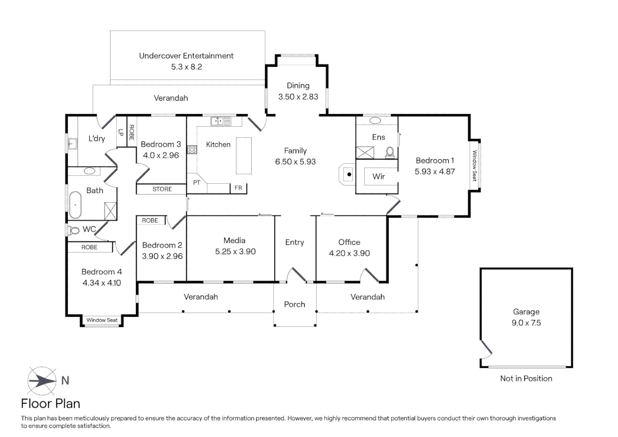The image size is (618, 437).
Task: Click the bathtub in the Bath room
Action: (75, 205)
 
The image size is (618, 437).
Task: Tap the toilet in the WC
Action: (74, 230)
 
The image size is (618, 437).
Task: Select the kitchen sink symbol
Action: (221, 121)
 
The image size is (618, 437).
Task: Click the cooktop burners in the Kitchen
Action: (192, 150)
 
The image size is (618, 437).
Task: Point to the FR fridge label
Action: (238, 188)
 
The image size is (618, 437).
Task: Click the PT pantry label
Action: (197, 183)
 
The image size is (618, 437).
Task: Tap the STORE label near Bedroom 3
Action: (162, 189)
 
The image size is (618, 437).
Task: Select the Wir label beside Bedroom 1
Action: (378, 176)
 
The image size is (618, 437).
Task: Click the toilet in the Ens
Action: (390, 152)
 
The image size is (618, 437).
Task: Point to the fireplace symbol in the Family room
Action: (348, 174)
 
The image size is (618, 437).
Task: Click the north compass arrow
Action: (42, 380)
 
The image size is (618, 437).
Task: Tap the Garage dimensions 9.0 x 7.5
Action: (526, 323)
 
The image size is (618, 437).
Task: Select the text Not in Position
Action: (526, 378)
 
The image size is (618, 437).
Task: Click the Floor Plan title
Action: (51, 403)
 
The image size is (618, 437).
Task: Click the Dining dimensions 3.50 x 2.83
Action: (298, 97)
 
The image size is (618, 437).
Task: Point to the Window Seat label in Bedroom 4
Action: (102, 320)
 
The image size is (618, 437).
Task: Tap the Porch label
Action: (295, 304)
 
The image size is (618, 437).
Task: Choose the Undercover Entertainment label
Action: (186, 56)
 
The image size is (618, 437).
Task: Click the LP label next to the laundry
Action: (121, 132)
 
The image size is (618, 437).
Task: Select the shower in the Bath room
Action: (110, 211)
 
